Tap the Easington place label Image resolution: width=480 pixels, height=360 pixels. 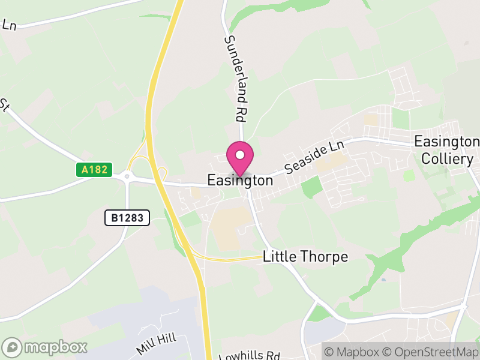(240, 180)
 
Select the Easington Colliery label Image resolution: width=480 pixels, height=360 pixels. (447, 150)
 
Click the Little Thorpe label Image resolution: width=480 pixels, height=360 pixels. (305, 257)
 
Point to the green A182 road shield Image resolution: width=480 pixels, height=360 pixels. (95, 170)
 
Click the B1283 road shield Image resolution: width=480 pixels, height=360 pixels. (127, 218)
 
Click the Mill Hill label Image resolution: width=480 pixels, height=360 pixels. (156, 344)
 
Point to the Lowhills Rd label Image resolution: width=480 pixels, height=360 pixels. (249, 354)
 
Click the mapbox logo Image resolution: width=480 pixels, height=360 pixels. (45, 347)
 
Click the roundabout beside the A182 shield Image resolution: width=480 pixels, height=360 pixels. (127, 176)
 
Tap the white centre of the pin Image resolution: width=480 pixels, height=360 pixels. (240, 155)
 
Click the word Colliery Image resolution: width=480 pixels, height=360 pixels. (447, 159)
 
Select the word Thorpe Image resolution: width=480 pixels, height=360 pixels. (325, 257)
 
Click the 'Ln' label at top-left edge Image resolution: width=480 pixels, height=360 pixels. (8, 25)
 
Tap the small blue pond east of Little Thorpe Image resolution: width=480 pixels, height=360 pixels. (383, 280)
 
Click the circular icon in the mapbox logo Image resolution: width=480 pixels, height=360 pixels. (12, 347)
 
